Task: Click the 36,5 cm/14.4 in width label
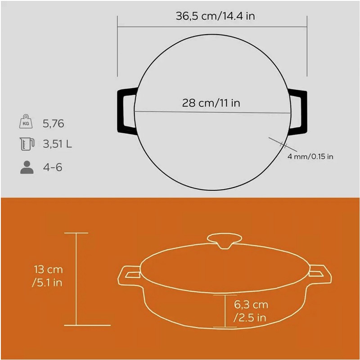(215, 16)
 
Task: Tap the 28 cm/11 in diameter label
(211, 103)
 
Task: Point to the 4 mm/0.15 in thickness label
(310, 157)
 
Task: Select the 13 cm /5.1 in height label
(48, 276)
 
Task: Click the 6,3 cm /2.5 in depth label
(251, 311)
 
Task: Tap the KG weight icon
(26, 121)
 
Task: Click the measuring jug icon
(27, 144)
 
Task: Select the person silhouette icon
(27, 167)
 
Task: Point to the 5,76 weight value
(53, 123)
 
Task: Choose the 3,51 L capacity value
(58, 144)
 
